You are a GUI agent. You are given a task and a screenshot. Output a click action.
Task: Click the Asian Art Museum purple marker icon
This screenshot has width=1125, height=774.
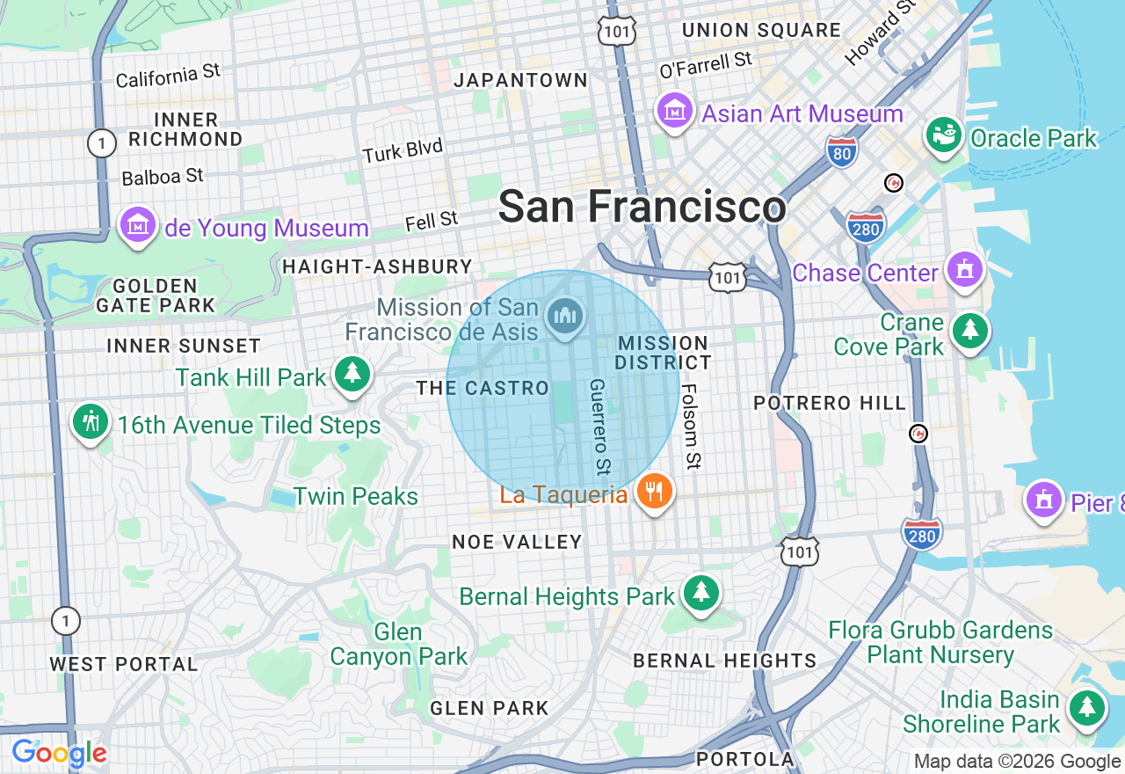[674, 112]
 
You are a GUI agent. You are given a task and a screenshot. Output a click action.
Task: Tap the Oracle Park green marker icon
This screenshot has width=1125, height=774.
[944, 135]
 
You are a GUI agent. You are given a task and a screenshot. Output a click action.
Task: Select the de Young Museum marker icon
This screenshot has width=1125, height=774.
[138, 225]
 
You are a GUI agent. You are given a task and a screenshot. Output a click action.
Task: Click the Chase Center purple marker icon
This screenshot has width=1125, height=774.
[965, 269]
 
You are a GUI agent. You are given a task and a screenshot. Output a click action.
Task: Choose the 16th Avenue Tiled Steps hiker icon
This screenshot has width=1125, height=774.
[90, 422]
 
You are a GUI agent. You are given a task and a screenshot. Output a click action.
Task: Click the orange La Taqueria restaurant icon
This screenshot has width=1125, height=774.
[654, 492]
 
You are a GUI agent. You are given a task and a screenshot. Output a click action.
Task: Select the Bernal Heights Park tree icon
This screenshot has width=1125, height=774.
[700, 593]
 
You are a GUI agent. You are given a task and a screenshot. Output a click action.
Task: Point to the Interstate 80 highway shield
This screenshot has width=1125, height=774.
[842, 152]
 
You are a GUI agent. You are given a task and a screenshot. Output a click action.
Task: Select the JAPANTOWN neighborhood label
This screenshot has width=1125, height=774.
[520, 80]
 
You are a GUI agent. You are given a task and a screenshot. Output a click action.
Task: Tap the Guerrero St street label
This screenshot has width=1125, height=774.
[599, 424]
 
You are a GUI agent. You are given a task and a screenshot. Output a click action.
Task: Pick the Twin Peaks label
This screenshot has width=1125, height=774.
[356, 496]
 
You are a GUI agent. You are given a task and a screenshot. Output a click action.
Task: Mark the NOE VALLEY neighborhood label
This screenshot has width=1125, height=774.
[517, 542]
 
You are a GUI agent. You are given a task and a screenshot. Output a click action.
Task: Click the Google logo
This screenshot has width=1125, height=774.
[59, 753]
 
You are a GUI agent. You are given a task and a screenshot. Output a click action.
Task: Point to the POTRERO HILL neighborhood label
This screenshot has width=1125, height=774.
[829, 403]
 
